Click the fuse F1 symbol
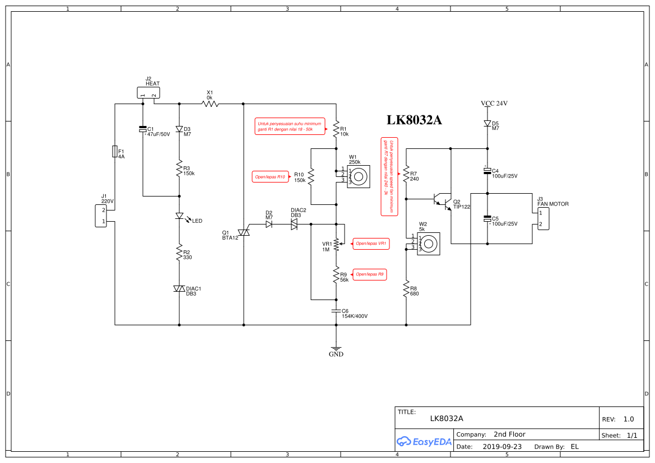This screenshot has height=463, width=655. (115, 151)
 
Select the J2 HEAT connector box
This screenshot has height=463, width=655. (148, 93)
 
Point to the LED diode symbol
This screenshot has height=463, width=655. (179, 216)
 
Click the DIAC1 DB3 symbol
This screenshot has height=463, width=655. (179, 288)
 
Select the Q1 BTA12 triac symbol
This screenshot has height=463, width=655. (244, 232)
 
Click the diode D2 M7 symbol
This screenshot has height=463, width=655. (269, 224)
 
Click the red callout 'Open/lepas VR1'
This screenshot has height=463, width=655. (370, 244)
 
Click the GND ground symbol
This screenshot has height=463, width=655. (336, 350)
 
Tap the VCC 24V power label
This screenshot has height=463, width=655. (494, 104)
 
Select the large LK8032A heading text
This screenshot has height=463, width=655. (415, 120)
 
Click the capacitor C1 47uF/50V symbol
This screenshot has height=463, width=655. (143, 130)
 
